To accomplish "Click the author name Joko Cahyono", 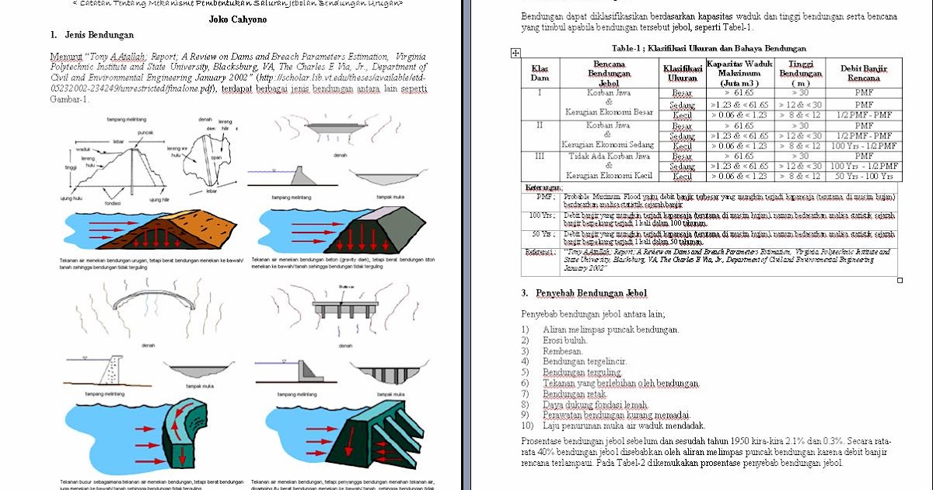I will click(x=238, y=19).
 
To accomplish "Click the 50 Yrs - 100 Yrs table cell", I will click(x=864, y=177).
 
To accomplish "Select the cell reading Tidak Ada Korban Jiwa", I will click(x=609, y=156).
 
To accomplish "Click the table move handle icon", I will click(x=515, y=53).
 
